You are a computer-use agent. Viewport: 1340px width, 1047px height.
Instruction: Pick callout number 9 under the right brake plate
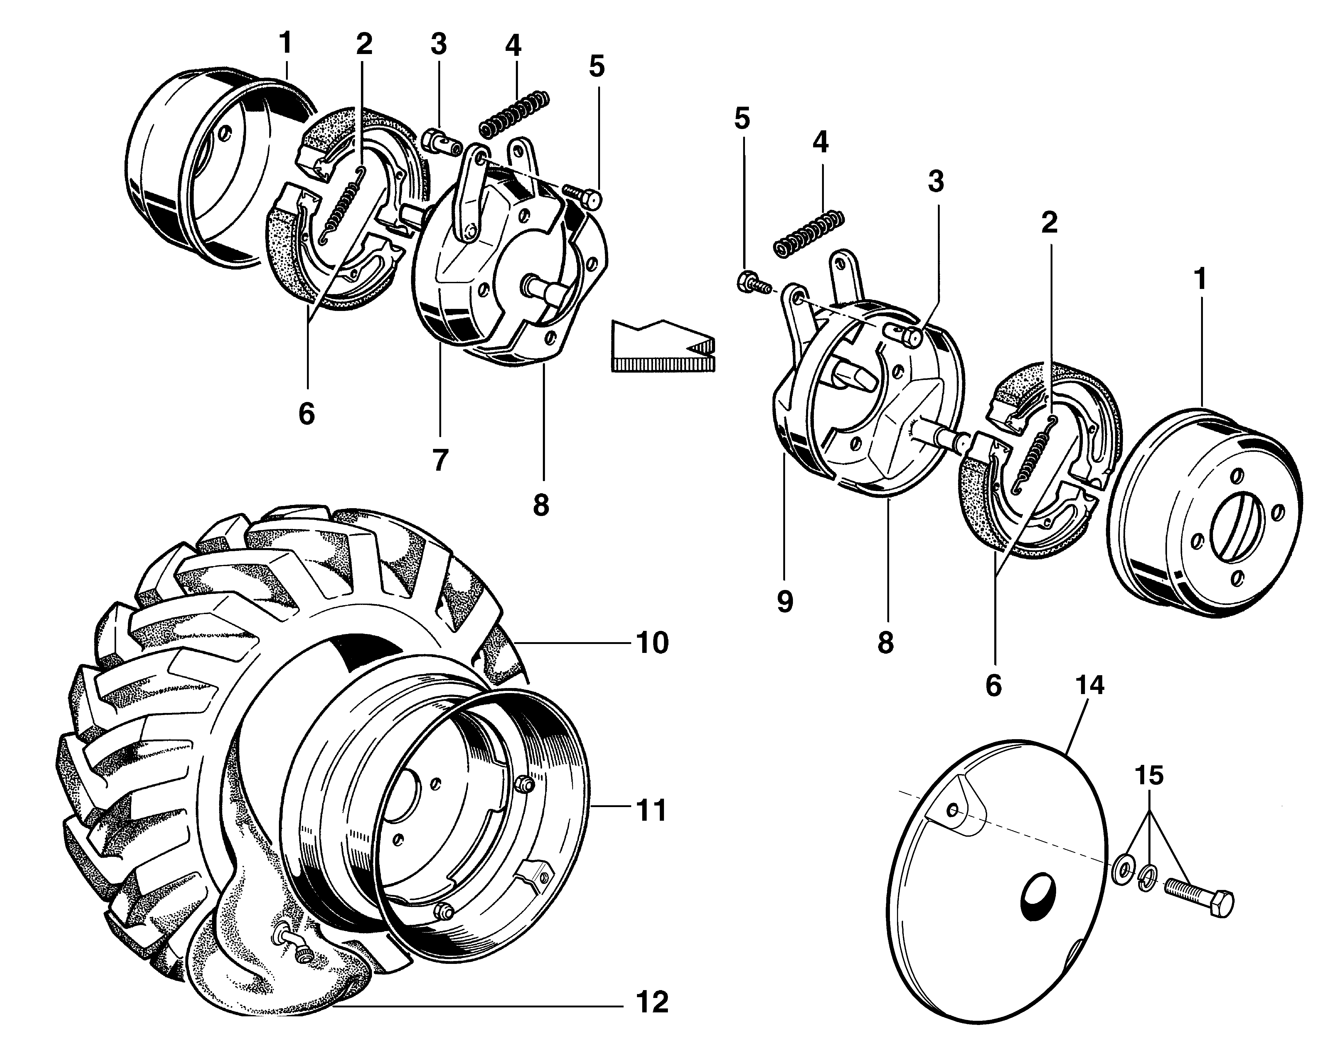785,602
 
